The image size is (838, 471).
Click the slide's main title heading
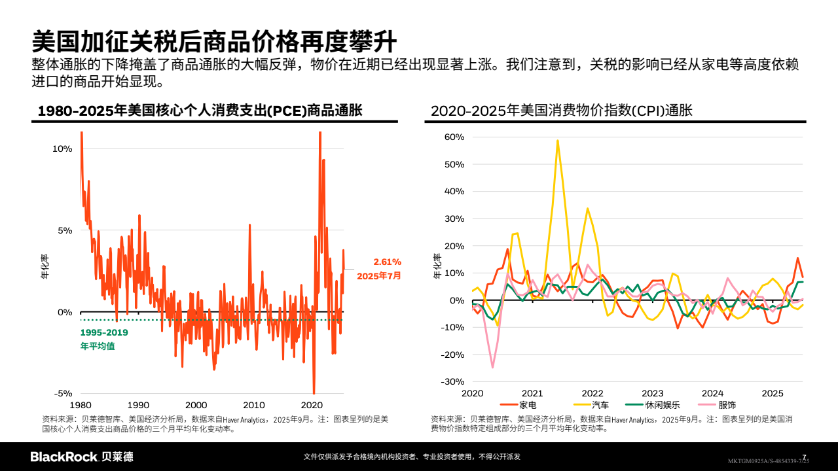pyautogui.click(x=214, y=41)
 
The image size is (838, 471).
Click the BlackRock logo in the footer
pyautogui.click(x=82, y=457)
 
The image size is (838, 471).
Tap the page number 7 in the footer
pyautogui.click(x=804, y=457)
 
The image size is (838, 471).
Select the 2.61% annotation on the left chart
pyautogui.click(x=388, y=262)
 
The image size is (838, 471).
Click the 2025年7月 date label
pyautogui.click(x=379, y=276)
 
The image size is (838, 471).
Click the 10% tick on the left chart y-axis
pyautogui.click(x=62, y=148)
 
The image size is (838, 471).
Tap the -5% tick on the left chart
pyautogui.click(x=62, y=393)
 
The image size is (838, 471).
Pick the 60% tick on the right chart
pyautogui.click(x=454, y=137)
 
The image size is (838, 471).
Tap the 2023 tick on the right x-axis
pyautogui.click(x=652, y=393)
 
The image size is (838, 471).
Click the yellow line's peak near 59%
pyautogui.click(x=557, y=140)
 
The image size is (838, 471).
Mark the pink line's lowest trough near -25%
pyautogui.click(x=492, y=367)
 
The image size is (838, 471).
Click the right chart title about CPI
pyautogui.click(x=561, y=111)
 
